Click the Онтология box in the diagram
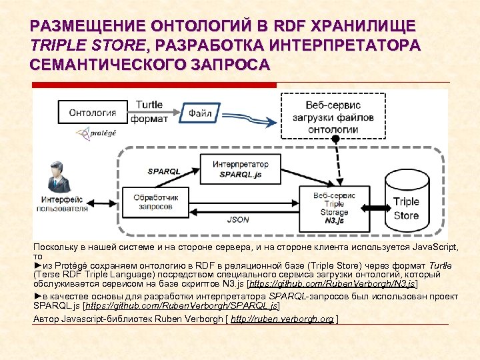(93, 113)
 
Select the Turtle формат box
(149, 113)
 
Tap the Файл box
(199, 113)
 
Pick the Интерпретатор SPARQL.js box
(241, 169)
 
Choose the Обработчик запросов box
(156, 201)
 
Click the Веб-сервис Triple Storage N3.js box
(333, 207)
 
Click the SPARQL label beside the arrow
(164, 171)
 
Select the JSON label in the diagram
(238, 219)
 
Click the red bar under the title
(153, 85)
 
